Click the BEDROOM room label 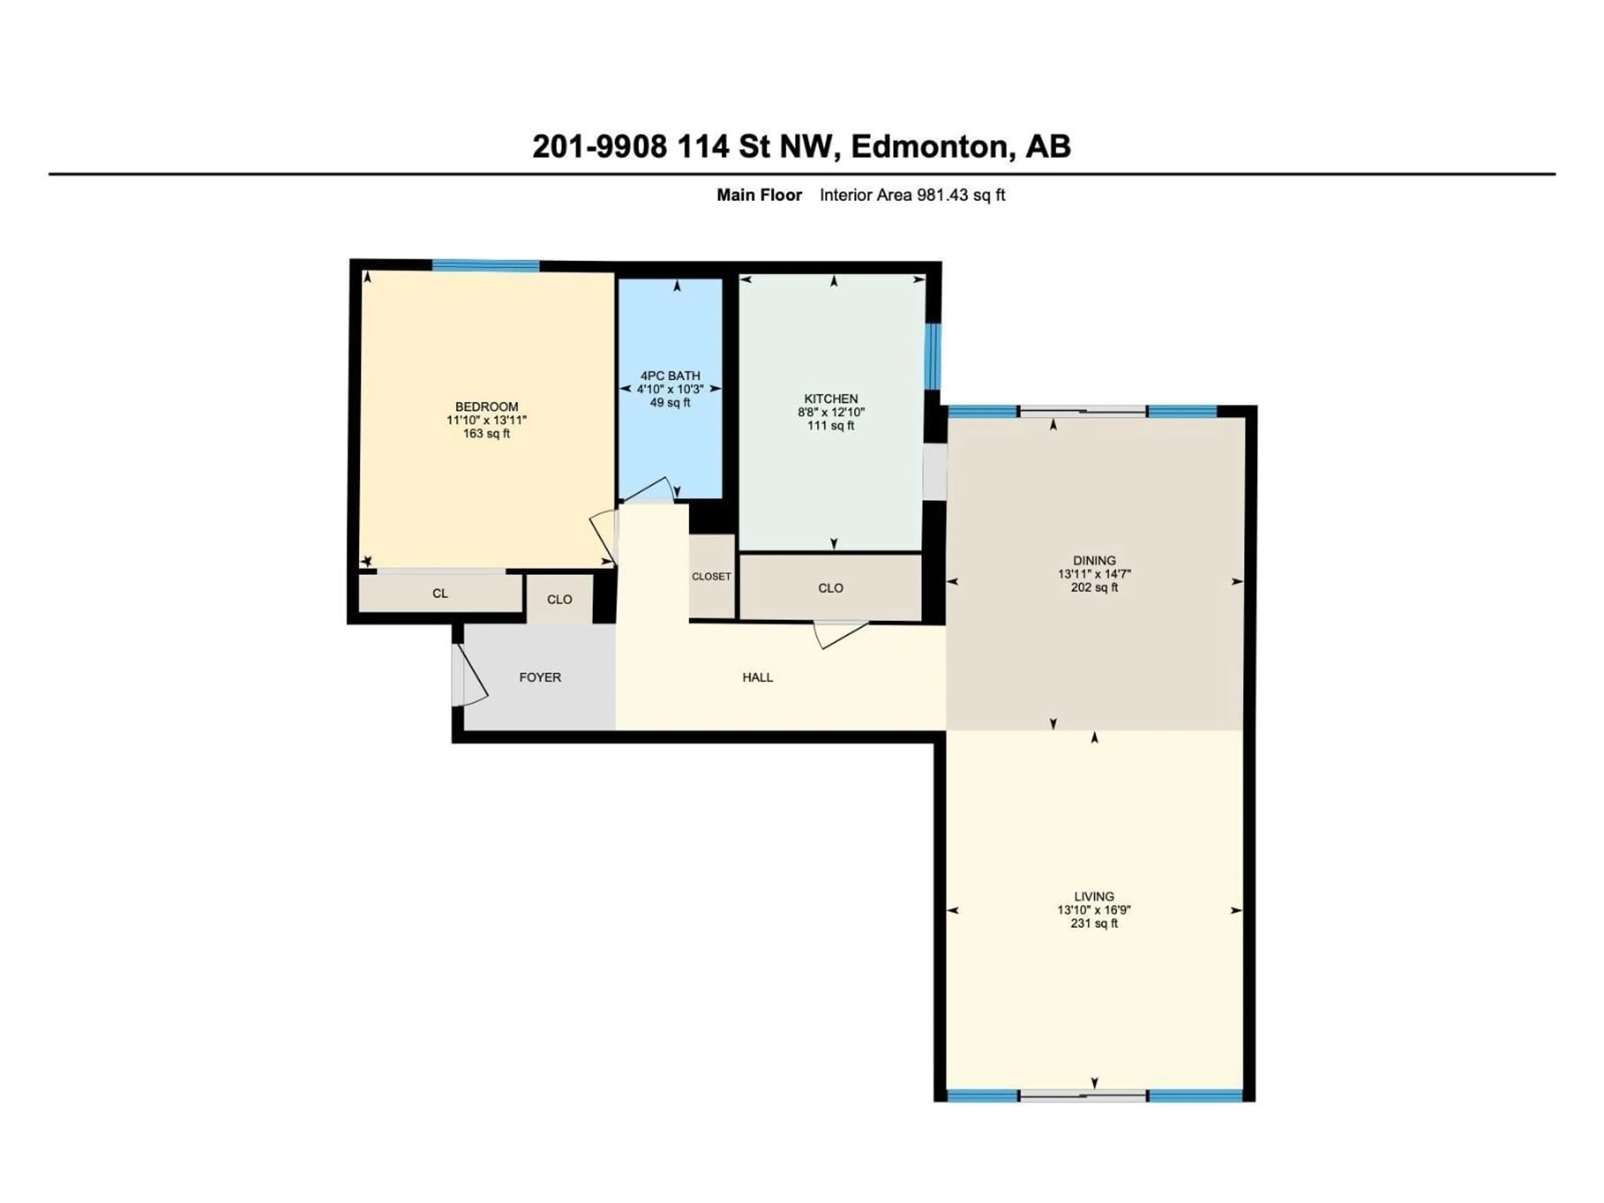click(487, 407)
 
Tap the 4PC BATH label click(670, 376)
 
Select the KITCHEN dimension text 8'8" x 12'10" click(831, 412)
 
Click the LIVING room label click(1094, 896)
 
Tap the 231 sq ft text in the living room click(1094, 923)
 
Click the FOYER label click(540, 677)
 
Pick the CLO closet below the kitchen click(830, 588)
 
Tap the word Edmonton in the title click(930, 147)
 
